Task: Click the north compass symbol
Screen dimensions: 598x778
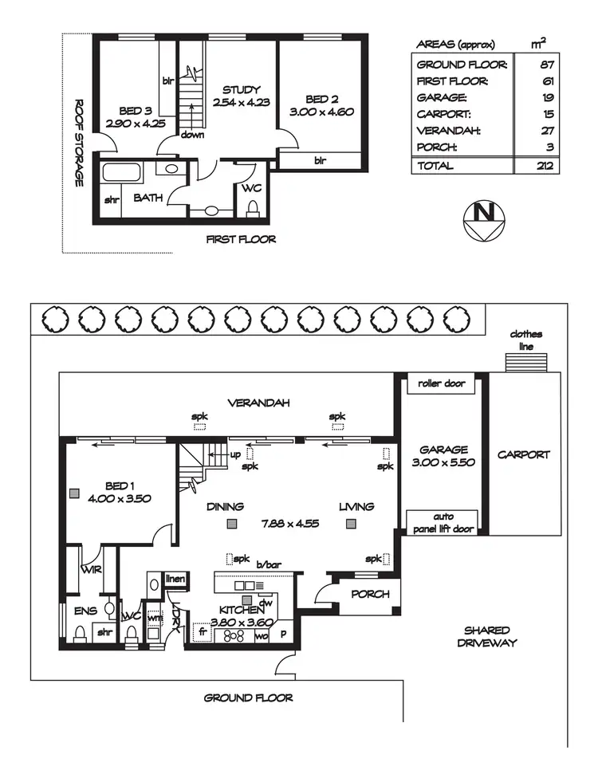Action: [483, 220]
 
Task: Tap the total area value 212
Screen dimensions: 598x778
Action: [545, 166]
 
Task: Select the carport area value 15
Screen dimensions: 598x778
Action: [548, 114]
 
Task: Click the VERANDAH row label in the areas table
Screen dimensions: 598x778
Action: [448, 131]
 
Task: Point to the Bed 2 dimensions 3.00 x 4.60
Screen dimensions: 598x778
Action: [321, 112]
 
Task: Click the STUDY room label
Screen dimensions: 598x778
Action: [241, 90]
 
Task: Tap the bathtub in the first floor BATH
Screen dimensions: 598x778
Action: [122, 173]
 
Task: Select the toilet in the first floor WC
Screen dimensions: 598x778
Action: [253, 208]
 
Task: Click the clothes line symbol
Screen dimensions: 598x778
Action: [526, 362]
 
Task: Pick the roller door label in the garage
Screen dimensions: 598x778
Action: [442, 383]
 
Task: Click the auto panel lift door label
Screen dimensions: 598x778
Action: [443, 523]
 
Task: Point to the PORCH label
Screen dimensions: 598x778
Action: [370, 594]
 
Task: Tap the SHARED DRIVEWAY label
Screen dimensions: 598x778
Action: [487, 637]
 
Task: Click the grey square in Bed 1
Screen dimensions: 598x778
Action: [74, 493]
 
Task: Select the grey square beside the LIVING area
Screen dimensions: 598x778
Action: [351, 523]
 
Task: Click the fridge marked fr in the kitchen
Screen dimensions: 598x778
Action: [203, 632]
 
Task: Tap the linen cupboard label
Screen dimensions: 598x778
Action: [175, 579]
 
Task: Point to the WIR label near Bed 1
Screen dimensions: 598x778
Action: [92, 569]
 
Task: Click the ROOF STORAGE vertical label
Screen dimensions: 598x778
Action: [78, 143]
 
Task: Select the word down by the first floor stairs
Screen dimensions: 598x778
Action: [192, 135]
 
